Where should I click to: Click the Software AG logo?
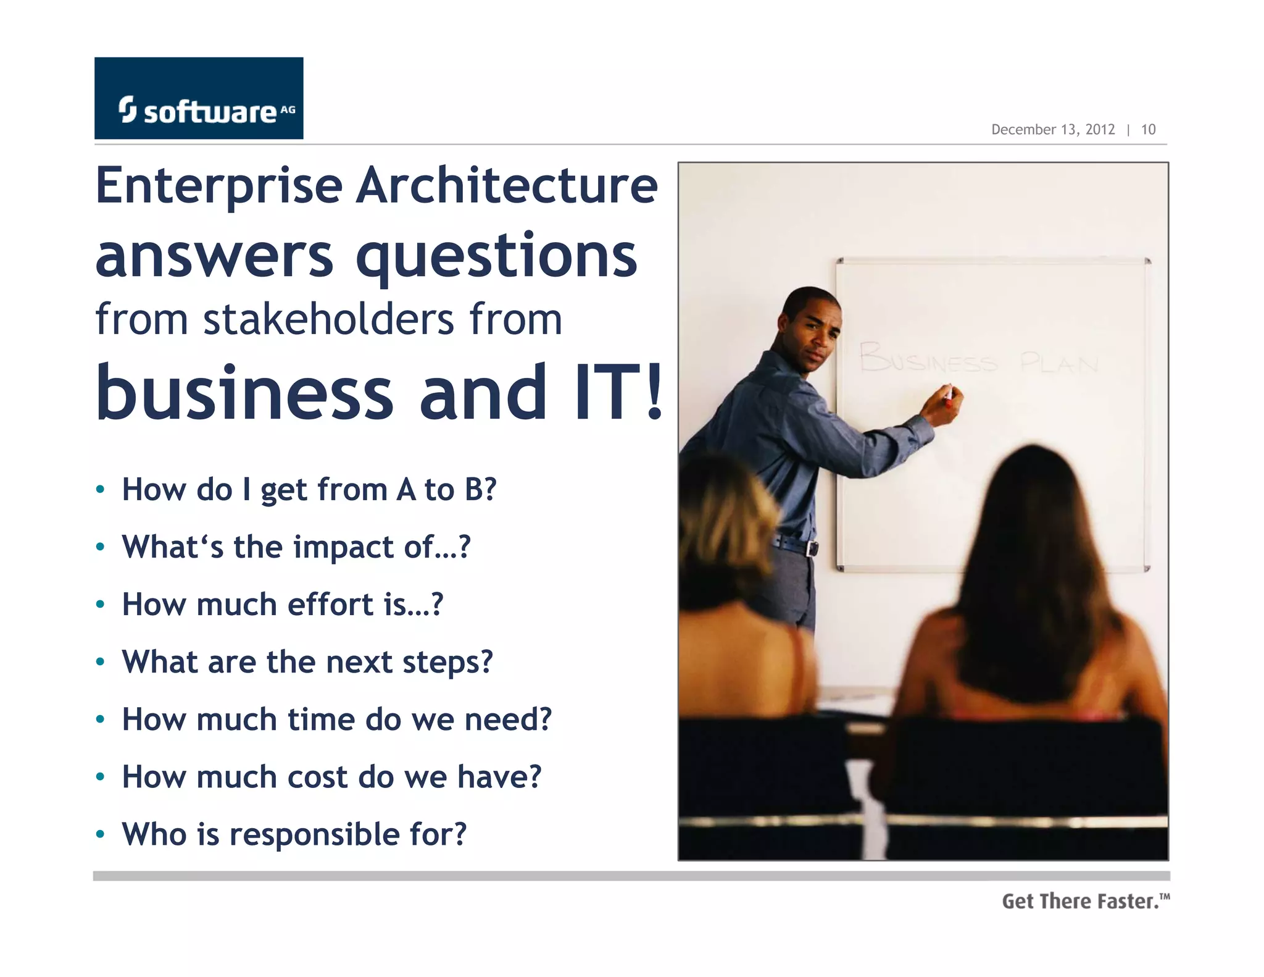pyautogui.click(x=199, y=99)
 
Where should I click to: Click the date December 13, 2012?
pyautogui.click(x=1052, y=130)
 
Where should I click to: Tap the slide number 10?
pyautogui.click(x=1148, y=130)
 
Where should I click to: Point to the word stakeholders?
pyautogui.click(x=329, y=320)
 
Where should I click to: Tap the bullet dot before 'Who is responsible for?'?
pyautogui.click(x=101, y=835)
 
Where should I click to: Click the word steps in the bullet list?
pyautogui.click(x=447, y=662)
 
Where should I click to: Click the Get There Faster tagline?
pyautogui.click(x=1085, y=902)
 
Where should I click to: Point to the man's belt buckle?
pyautogui.click(x=812, y=548)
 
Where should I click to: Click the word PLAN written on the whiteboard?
pyautogui.click(x=1059, y=363)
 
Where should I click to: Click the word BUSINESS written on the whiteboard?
pyautogui.click(x=928, y=358)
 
